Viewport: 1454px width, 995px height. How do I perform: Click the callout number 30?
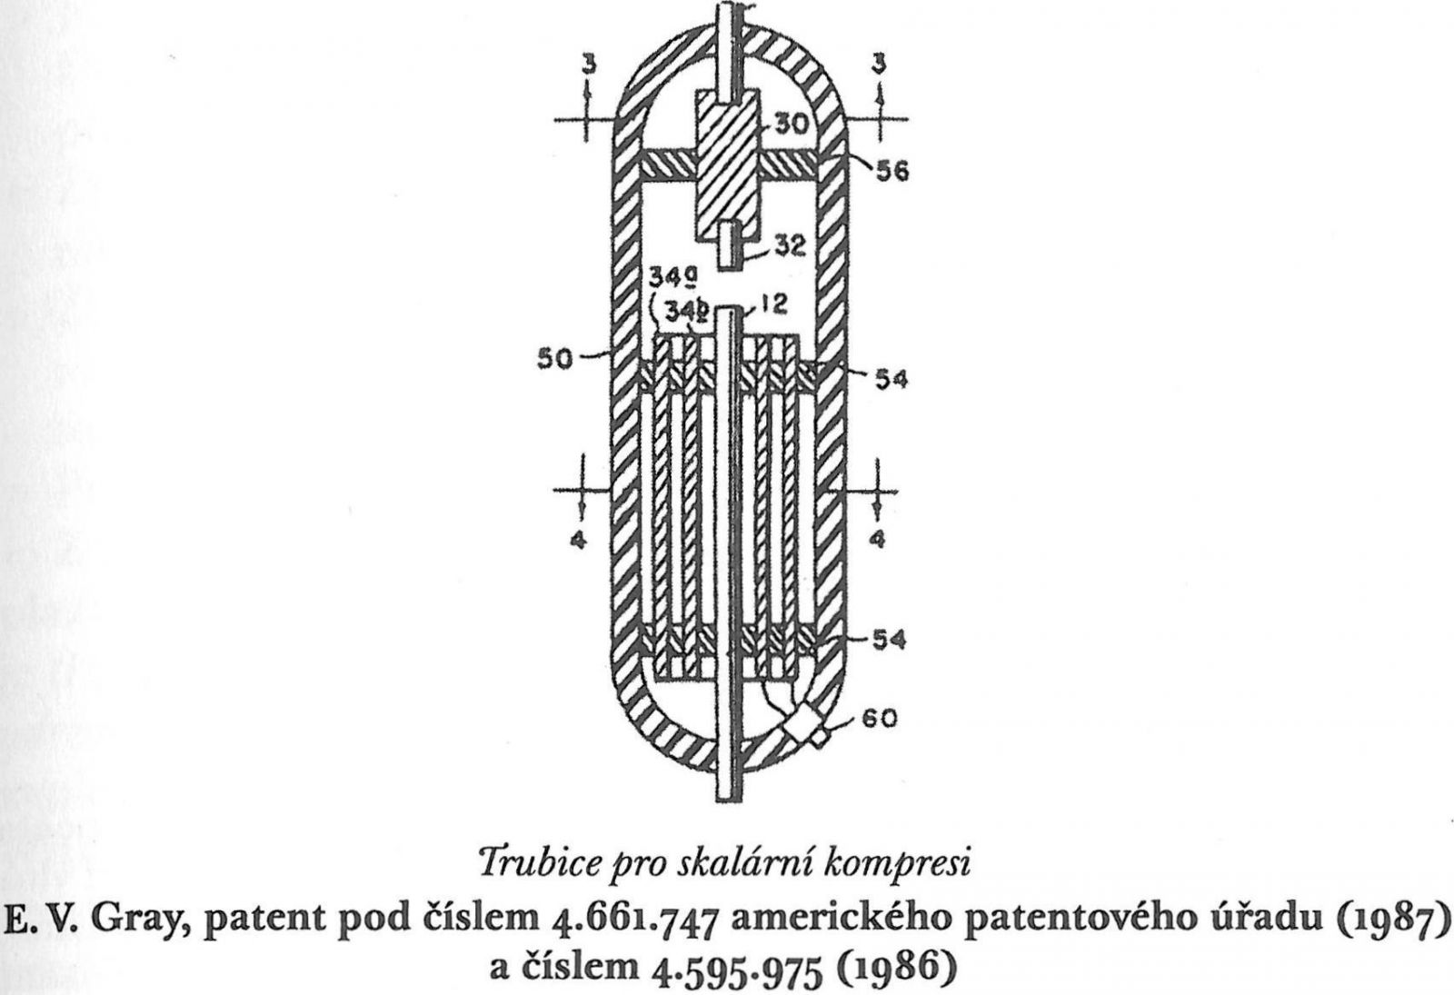point(791,123)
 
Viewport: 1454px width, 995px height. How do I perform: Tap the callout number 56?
point(892,172)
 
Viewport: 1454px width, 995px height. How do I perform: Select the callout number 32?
point(790,246)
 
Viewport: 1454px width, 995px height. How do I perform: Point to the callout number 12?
point(772,303)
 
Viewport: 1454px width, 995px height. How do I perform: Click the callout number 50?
point(555,359)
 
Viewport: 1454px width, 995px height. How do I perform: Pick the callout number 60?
point(880,719)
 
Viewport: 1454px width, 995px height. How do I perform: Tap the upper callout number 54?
point(891,380)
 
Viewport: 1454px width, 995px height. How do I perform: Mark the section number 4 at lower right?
point(878,540)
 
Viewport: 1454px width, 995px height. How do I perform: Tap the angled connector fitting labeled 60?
point(803,728)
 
